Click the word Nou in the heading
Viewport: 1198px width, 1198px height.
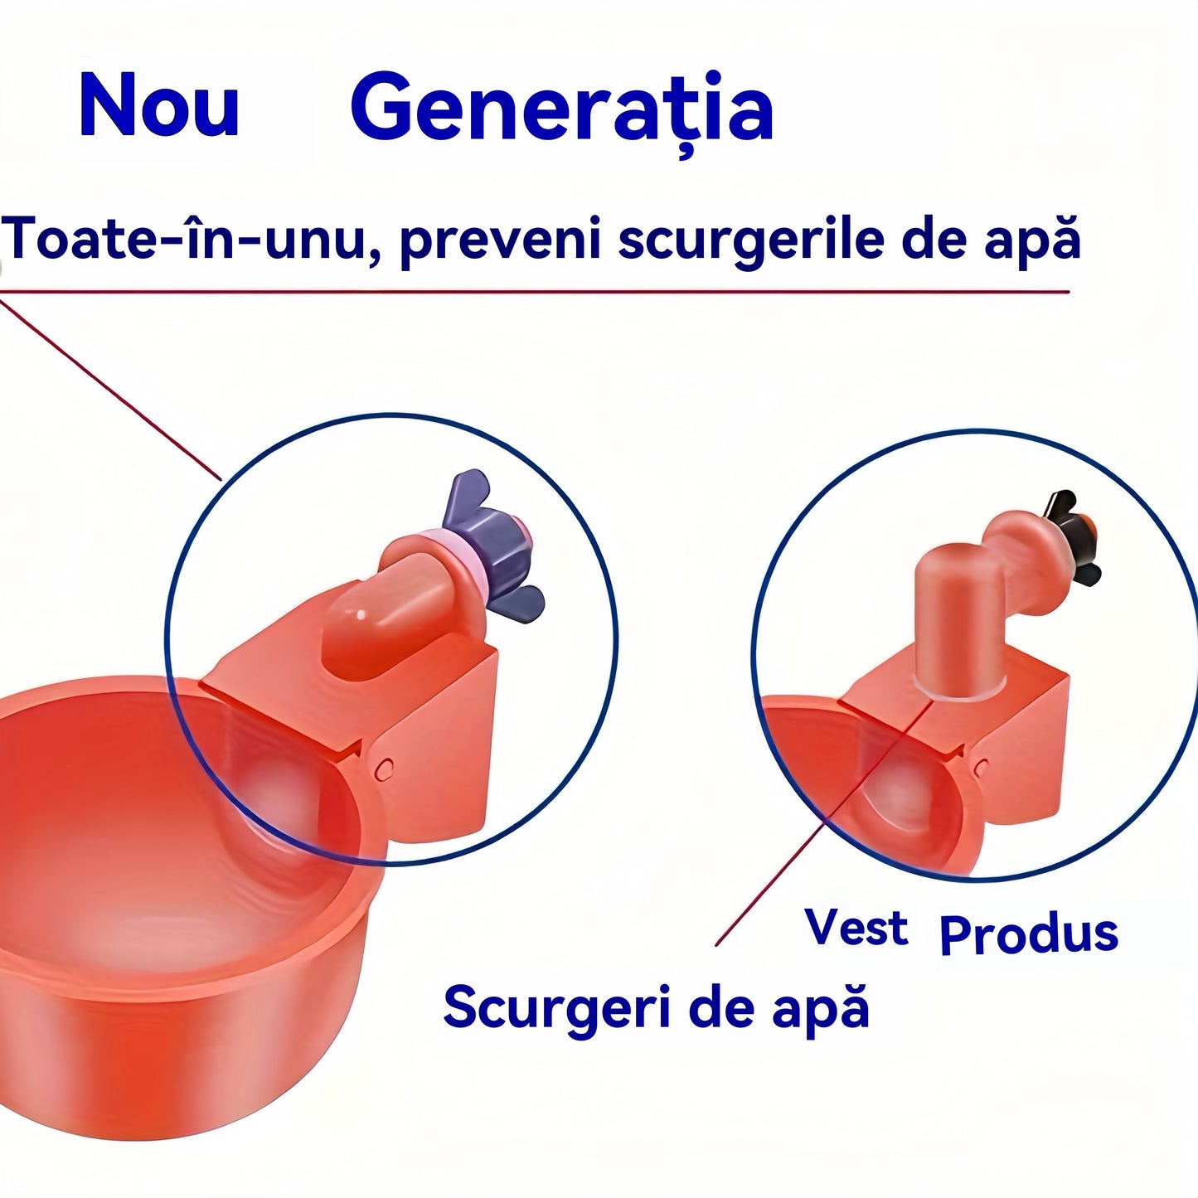click(159, 104)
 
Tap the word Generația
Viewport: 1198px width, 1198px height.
click(563, 111)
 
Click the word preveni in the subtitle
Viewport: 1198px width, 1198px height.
click(501, 243)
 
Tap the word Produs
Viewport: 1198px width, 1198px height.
click(1029, 936)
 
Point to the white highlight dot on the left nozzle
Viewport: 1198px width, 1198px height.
click(361, 615)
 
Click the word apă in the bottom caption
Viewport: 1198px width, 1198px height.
click(821, 1011)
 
